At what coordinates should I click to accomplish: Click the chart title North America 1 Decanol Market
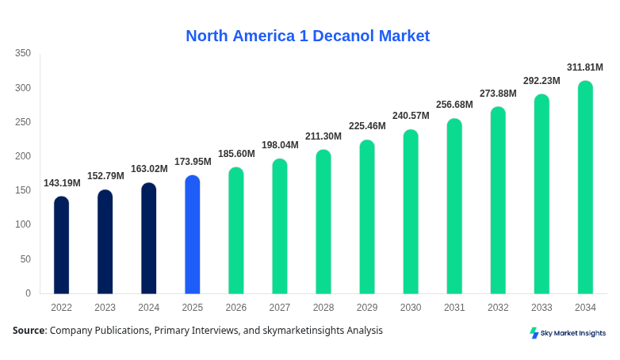pyautogui.click(x=308, y=36)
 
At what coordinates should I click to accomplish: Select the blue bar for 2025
pyautogui.click(x=193, y=235)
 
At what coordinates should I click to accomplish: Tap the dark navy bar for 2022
pyautogui.click(x=61, y=245)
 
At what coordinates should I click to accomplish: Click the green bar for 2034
pyautogui.click(x=585, y=187)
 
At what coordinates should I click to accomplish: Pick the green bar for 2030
pyautogui.click(x=411, y=212)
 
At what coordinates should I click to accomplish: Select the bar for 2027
pyautogui.click(x=280, y=226)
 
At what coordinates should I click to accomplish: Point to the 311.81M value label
pyautogui.click(x=585, y=67)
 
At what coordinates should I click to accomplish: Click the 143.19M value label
pyautogui.click(x=62, y=183)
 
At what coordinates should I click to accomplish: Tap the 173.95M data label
pyautogui.click(x=193, y=162)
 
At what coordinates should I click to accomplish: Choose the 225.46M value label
pyautogui.click(x=367, y=126)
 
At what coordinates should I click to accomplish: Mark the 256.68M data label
pyautogui.click(x=454, y=105)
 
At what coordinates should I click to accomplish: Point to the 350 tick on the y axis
pyautogui.click(x=23, y=53)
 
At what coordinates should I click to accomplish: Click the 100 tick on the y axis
pyautogui.click(x=23, y=224)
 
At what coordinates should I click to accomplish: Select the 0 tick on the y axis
pyautogui.click(x=28, y=293)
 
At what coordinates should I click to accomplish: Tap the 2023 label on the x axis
pyautogui.click(x=105, y=308)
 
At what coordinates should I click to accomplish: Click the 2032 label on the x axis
pyautogui.click(x=498, y=308)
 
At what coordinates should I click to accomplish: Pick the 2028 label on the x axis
pyautogui.click(x=323, y=308)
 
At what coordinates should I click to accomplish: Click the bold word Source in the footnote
pyautogui.click(x=28, y=331)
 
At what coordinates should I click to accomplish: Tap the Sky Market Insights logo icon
pyautogui.click(x=534, y=333)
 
